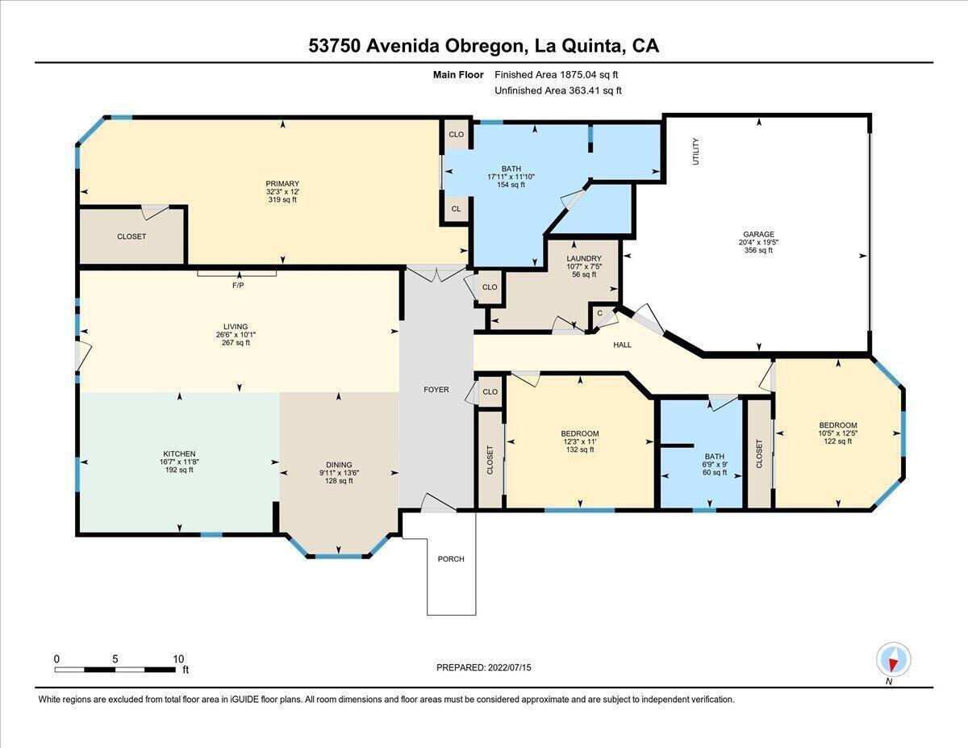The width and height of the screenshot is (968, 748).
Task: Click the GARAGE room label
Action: (758, 234)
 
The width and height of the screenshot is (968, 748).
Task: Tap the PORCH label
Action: (451, 558)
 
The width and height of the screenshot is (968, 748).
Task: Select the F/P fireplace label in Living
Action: (238, 285)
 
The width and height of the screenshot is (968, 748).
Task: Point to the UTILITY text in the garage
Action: (696, 152)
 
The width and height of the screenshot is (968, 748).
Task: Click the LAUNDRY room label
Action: (583, 258)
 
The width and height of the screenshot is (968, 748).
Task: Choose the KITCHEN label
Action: (179, 454)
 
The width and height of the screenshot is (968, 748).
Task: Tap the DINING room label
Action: (339, 465)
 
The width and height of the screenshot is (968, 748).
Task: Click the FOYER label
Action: (436, 390)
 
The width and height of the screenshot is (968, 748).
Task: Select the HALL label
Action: (622, 345)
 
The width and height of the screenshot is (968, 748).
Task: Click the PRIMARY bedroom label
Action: (282, 183)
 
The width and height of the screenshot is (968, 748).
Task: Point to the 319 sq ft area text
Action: (282, 199)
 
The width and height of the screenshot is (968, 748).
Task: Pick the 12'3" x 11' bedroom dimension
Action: (579, 441)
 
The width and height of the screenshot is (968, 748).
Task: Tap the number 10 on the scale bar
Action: (178, 659)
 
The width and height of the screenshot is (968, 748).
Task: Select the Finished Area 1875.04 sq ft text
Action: (557, 75)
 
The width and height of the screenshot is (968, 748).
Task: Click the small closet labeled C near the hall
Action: (599, 313)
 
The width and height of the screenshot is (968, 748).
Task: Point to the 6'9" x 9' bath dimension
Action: (715, 464)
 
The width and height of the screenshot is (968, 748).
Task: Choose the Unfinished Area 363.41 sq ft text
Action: (558, 90)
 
